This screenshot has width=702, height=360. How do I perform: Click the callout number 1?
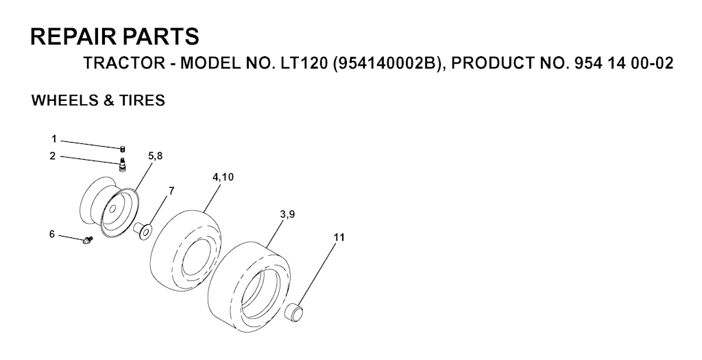pyautogui.click(x=53, y=139)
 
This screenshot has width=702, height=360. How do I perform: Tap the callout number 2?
pyautogui.click(x=53, y=156)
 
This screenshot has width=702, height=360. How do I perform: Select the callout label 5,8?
pyautogui.click(x=156, y=156)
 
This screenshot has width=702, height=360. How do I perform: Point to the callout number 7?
pyautogui.click(x=171, y=191)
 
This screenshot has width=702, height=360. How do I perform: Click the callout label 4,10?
pyautogui.click(x=223, y=177)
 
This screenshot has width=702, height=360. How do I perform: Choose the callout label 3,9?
pyautogui.click(x=287, y=215)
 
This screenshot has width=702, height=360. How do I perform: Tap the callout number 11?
pyautogui.click(x=339, y=237)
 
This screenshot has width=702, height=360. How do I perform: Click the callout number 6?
pyautogui.click(x=52, y=235)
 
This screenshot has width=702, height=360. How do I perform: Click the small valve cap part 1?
pyautogui.click(x=122, y=149)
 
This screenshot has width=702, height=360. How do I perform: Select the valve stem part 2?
pyautogui.click(x=123, y=164)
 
